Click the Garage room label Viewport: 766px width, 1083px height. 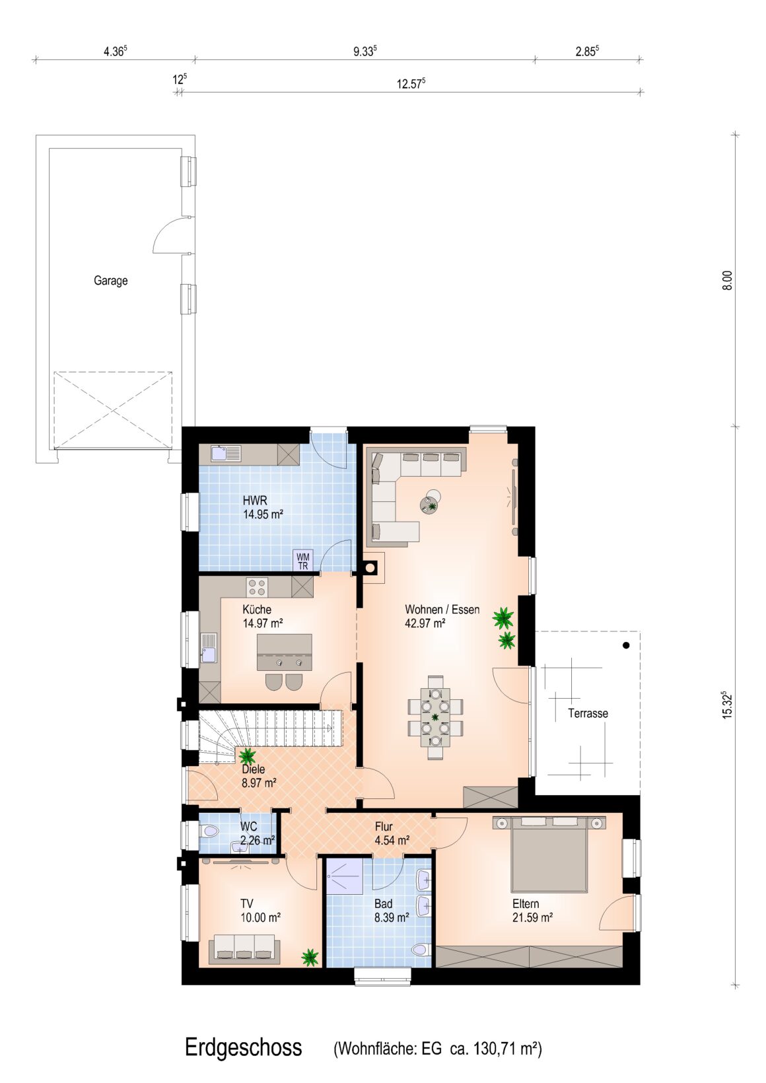click(x=111, y=281)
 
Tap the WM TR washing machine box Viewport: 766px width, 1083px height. click(x=302, y=561)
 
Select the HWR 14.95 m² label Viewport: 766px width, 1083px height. click(x=263, y=507)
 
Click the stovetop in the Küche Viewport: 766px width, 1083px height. click(x=256, y=588)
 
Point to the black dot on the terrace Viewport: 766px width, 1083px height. click(x=626, y=645)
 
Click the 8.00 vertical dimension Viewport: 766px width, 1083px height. click(x=728, y=281)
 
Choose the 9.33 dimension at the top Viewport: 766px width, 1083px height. click(x=365, y=52)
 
